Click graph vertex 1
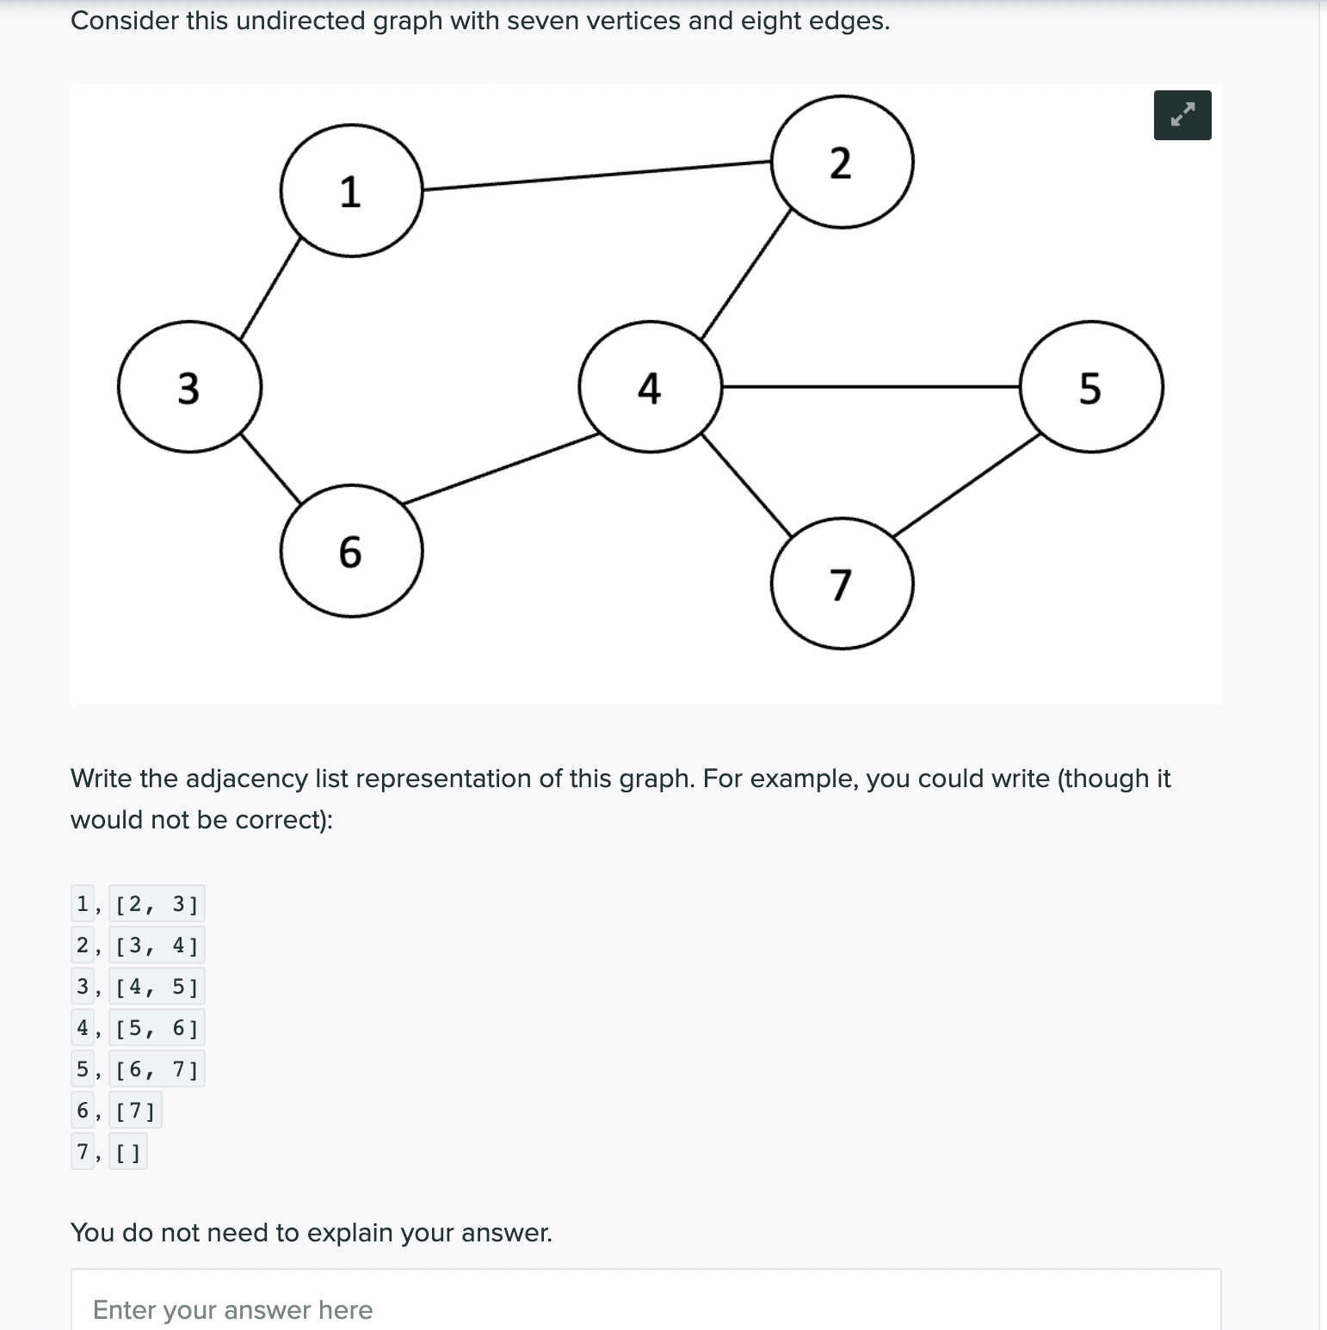pos(351,190)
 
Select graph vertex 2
pos(842,162)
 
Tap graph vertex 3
pos(189,386)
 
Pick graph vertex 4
pos(650,386)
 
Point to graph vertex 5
pos(1090,386)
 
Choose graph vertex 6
pos(351,551)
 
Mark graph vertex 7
pos(842,583)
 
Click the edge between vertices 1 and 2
pos(596,175)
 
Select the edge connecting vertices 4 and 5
pos(870,387)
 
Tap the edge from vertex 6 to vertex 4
pos(501,467)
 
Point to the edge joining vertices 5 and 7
pos(966,485)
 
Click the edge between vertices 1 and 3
pos(271,288)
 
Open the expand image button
pos(1182,115)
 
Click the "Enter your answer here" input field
pos(645,1308)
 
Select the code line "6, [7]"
pos(116,1111)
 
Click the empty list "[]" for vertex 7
pos(128,1152)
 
